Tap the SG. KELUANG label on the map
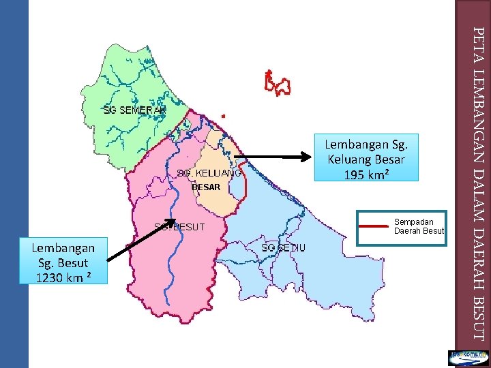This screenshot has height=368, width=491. [x=208, y=173]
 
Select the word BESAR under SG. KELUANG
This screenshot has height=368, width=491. [x=205, y=187]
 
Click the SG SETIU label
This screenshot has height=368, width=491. [x=284, y=247]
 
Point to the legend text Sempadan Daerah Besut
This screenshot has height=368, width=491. [x=419, y=226]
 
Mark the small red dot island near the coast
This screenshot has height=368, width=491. [x=224, y=115]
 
